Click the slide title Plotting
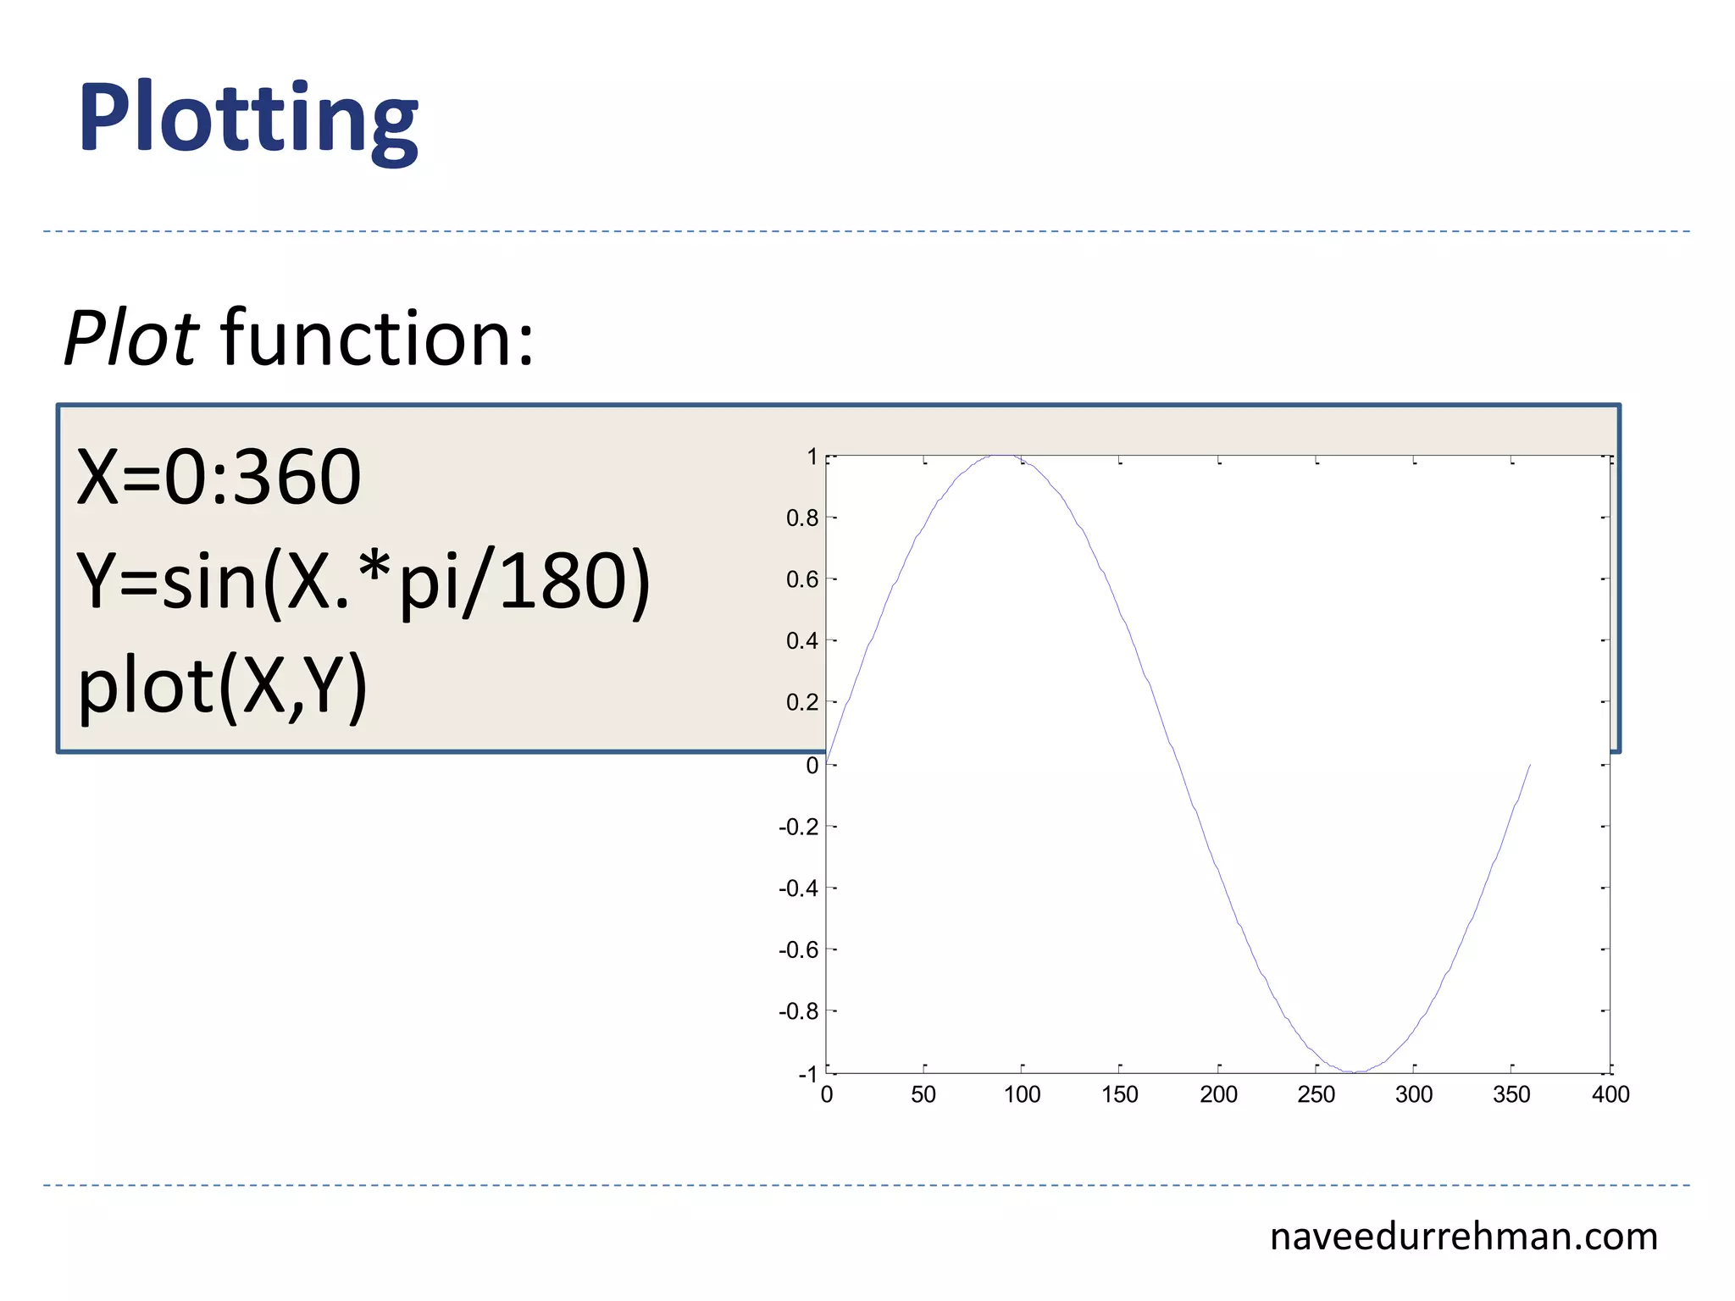[x=248, y=119]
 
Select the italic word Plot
[x=131, y=339]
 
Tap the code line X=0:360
[x=219, y=478]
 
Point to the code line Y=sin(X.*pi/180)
[x=363, y=582]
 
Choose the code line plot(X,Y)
[x=223, y=686]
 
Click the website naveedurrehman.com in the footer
[x=1463, y=1237]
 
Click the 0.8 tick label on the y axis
[x=802, y=518]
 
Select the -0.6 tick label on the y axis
[x=799, y=950]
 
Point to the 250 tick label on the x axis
[x=1316, y=1095]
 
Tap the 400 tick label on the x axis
[x=1610, y=1095]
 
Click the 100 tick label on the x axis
[x=1022, y=1095]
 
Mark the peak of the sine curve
[x=1002, y=456]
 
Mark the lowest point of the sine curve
[x=1355, y=1072]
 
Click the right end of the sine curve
[x=1530, y=765]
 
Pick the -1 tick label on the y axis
[x=807, y=1074]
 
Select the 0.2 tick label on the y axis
[x=802, y=702]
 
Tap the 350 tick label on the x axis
[x=1512, y=1095]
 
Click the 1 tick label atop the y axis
[x=812, y=457]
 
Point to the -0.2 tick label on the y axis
[x=799, y=827]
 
